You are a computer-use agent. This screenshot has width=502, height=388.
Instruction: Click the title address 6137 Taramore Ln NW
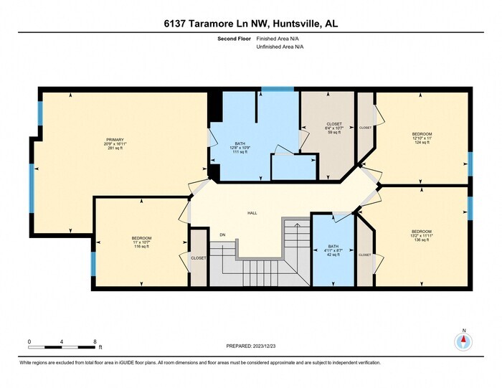(251, 24)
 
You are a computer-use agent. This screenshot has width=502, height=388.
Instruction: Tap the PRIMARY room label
(115, 140)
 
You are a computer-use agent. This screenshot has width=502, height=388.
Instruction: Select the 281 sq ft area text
(115, 150)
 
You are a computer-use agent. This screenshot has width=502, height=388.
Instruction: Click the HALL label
(252, 214)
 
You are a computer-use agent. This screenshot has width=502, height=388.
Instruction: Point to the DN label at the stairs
(223, 234)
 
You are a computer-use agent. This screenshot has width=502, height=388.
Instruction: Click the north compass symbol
(464, 342)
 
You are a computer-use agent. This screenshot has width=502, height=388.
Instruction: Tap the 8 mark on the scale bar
(95, 341)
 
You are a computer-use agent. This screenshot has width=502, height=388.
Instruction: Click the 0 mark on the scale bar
(29, 341)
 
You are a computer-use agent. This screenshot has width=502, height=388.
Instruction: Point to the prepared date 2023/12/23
(251, 346)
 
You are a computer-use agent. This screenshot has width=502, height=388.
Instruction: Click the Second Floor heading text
(233, 39)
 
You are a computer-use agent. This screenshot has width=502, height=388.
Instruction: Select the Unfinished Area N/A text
(280, 47)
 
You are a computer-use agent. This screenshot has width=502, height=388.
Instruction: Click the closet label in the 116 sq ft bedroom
(199, 258)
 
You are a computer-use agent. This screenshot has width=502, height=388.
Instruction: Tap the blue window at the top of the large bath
(278, 89)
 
